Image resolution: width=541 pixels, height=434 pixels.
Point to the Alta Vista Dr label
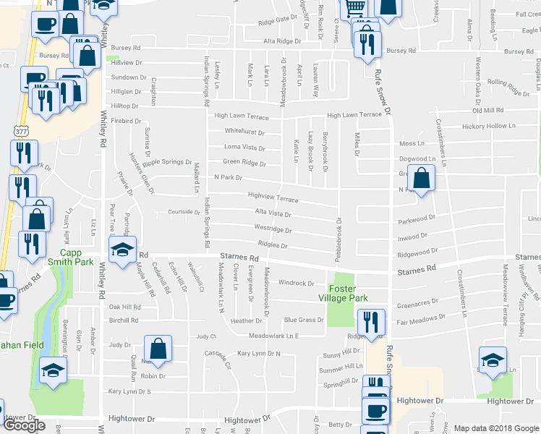273,214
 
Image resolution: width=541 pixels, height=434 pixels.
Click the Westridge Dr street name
273,230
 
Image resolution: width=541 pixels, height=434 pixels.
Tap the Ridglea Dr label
273,246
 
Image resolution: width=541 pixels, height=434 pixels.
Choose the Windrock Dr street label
297,284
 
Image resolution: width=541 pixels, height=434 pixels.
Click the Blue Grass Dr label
303,320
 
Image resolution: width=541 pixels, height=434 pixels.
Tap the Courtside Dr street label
183,213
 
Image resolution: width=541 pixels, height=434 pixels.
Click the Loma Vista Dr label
244,147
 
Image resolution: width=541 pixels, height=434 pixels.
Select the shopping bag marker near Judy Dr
157,349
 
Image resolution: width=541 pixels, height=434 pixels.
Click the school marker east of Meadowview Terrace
493,359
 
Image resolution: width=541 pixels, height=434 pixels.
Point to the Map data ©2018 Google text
496,428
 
